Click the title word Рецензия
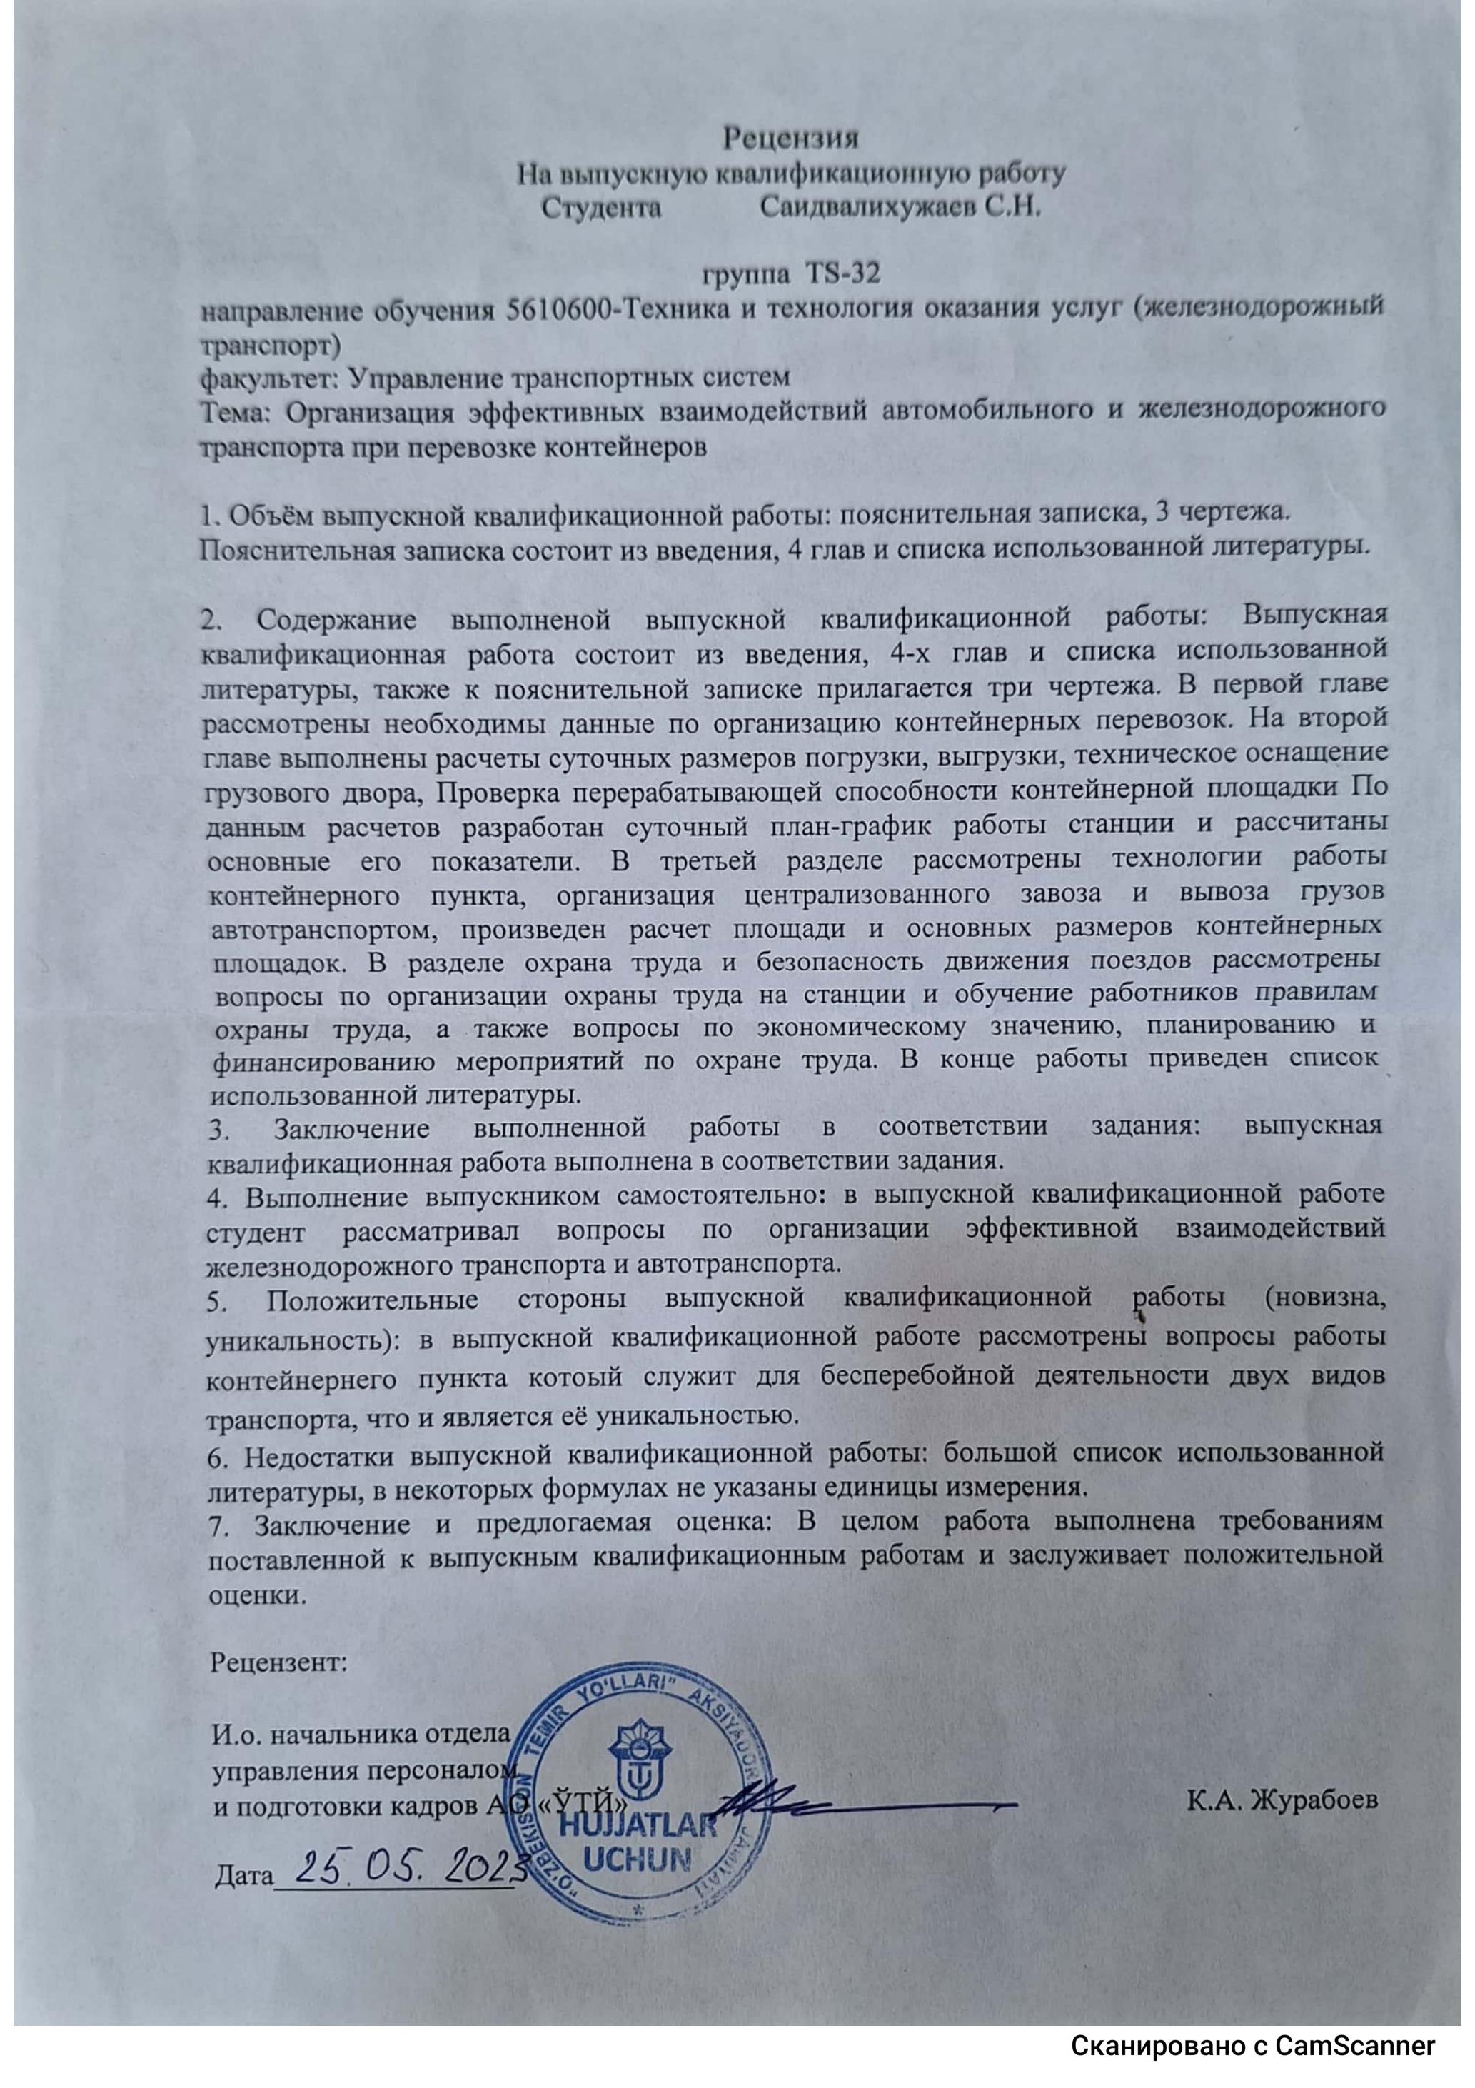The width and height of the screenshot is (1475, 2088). pyautogui.click(x=790, y=139)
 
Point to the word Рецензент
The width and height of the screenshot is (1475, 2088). pyautogui.click(x=279, y=1662)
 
